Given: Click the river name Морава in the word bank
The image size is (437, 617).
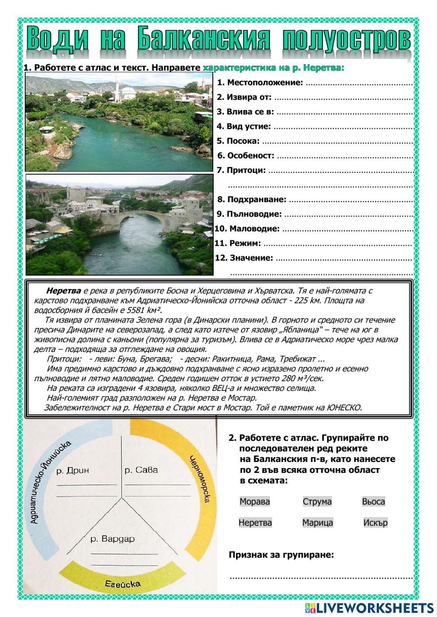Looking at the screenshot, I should tap(254, 501).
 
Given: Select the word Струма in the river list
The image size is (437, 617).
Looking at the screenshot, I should tap(317, 501).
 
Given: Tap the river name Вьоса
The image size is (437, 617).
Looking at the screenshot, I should tap(373, 501).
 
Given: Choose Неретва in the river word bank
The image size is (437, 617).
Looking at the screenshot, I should tap(255, 522).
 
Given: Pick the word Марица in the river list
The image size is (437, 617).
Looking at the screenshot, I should tap(317, 522).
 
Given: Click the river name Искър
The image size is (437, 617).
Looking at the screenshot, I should tap(375, 522).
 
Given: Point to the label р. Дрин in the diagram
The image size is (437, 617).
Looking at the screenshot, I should tap(73, 470).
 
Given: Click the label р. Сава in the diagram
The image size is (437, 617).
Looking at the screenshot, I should tap(141, 470).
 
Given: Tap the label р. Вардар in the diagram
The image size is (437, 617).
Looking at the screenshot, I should tap(112, 538).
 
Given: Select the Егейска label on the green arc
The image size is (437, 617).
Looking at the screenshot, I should tap(122, 584).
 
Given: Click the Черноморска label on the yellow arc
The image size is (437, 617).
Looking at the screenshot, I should tap(202, 485).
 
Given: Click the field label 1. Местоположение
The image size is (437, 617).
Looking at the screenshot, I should tap(260, 83).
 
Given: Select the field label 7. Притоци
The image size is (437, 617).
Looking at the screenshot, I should tap(241, 170).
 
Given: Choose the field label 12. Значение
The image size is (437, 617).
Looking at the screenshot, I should tap(244, 258).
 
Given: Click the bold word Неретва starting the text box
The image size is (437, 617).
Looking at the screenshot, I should tap(63, 290).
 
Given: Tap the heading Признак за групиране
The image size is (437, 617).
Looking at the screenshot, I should tap(281, 555).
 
